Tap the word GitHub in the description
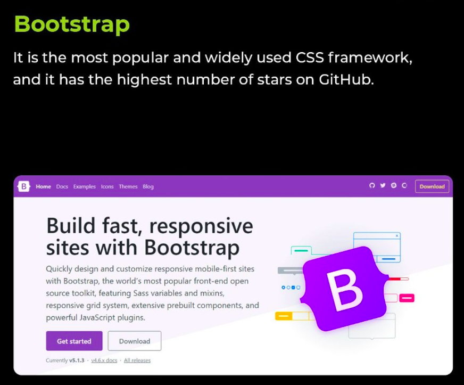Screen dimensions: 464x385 (346, 79)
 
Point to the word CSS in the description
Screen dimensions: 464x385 (310, 58)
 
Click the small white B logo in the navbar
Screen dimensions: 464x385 (23, 186)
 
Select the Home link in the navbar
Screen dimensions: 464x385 (43, 186)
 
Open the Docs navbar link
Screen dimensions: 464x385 (62, 186)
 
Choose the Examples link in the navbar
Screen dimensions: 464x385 (84, 186)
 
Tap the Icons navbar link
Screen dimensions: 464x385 (107, 186)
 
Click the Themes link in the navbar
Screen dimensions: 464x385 (128, 186)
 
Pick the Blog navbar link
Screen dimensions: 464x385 (148, 186)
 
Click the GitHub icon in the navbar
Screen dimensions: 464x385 (372, 185)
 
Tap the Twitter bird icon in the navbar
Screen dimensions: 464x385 (383, 185)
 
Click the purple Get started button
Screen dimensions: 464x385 (74, 341)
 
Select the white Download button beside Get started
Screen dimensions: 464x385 (134, 341)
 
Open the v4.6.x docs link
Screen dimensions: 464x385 (104, 361)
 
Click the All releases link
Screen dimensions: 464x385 (137, 361)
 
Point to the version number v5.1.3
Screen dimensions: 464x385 (77, 361)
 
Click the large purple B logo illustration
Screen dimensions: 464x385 (344, 289)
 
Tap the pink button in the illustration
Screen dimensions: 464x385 (407, 298)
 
